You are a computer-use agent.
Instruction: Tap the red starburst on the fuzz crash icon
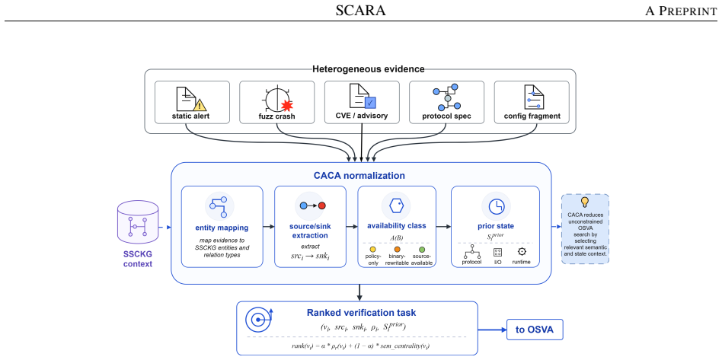click(287, 106)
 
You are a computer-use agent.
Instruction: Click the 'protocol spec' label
click(446, 116)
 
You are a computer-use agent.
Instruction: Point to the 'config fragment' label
click(532, 116)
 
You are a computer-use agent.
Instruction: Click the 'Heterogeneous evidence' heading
click(369, 69)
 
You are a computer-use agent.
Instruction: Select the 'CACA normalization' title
click(359, 175)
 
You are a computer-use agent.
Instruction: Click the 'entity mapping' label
click(222, 228)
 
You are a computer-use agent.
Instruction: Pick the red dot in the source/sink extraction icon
click(322, 205)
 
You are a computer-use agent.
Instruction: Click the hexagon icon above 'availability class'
click(397, 205)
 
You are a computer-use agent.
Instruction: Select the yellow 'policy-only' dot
click(373, 249)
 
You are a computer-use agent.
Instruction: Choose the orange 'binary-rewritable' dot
click(397, 249)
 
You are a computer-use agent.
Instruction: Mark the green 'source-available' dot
click(422, 249)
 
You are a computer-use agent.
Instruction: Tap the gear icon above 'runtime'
click(522, 251)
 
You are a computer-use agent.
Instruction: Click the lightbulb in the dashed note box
click(585, 202)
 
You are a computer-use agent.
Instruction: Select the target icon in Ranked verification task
click(259, 320)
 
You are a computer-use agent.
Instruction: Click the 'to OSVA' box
click(535, 329)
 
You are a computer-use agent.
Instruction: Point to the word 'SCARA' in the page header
click(360, 11)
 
